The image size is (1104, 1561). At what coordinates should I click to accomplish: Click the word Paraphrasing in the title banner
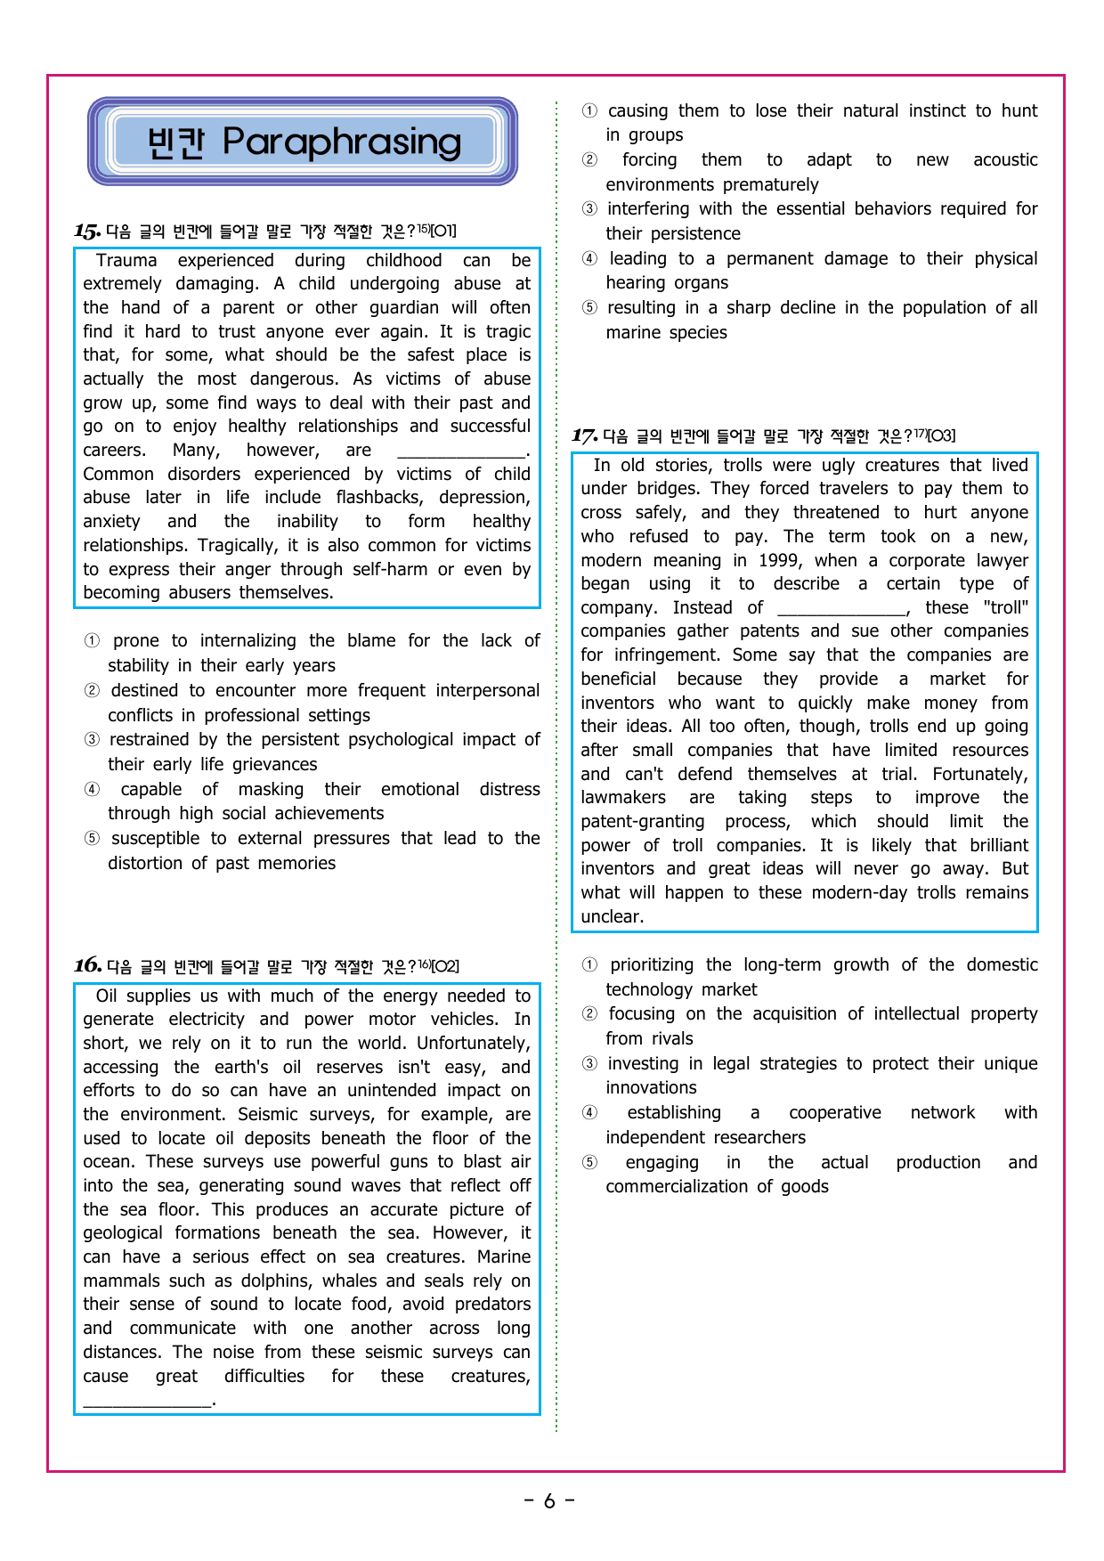point(342,142)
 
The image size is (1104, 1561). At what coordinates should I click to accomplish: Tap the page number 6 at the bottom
point(549,1501)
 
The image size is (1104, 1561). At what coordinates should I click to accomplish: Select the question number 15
point(86,232)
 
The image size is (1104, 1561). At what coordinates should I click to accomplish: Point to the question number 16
point(86,966)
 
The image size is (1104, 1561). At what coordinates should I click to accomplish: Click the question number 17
point(583,436)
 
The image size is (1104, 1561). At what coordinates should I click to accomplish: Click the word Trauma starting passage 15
point(126,261)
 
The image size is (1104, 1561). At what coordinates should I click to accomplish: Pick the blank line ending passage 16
point(147,1401)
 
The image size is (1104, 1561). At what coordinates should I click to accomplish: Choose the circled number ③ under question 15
point(93,740)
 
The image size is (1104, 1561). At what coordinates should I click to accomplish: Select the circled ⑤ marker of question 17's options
point(590,1163)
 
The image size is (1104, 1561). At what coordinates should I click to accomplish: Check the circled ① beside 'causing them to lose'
point(590,111)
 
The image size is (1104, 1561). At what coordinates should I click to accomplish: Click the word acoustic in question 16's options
point(1005,160)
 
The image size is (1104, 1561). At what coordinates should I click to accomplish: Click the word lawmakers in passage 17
point(623,798)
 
